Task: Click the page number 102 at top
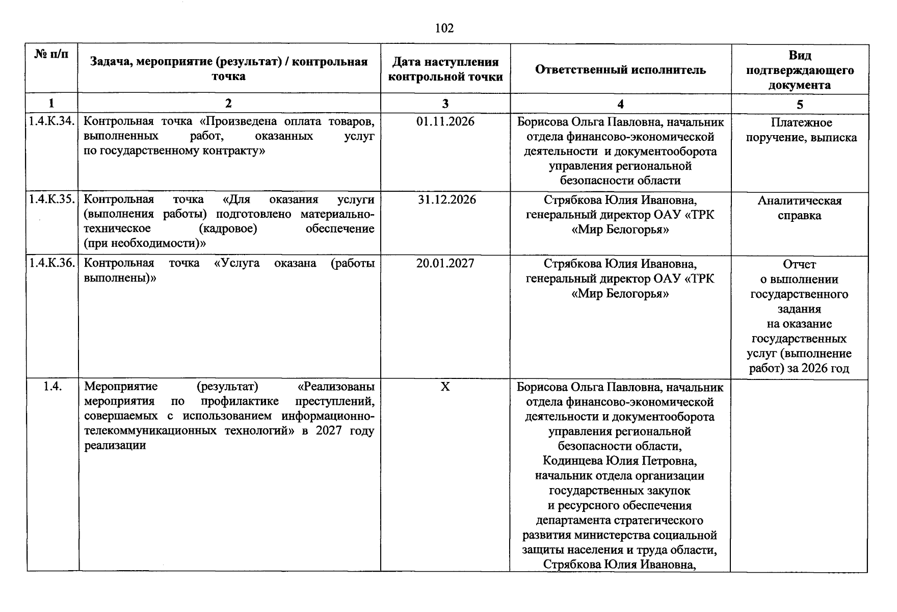pos(444,29)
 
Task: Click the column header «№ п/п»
pos(51,54)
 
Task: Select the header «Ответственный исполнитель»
pos(620,70)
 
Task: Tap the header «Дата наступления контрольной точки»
pos(445,69)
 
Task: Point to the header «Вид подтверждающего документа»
pos(799,70)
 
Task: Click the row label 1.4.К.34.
pos(52,122)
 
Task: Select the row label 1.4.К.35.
pos(52,199)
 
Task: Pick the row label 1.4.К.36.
pos(52,263)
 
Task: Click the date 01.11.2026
pos(445,122)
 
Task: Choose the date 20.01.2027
pos(445,263)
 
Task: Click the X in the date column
pos(445,387)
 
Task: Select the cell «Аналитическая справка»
pos(799,208)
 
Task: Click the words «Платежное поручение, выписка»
pos(801,130)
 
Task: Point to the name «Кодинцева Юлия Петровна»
pos(620,461)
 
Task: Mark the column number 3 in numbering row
pos(445,104)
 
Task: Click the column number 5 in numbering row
pos(799,105)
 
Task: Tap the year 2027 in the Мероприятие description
pos(329,431)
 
